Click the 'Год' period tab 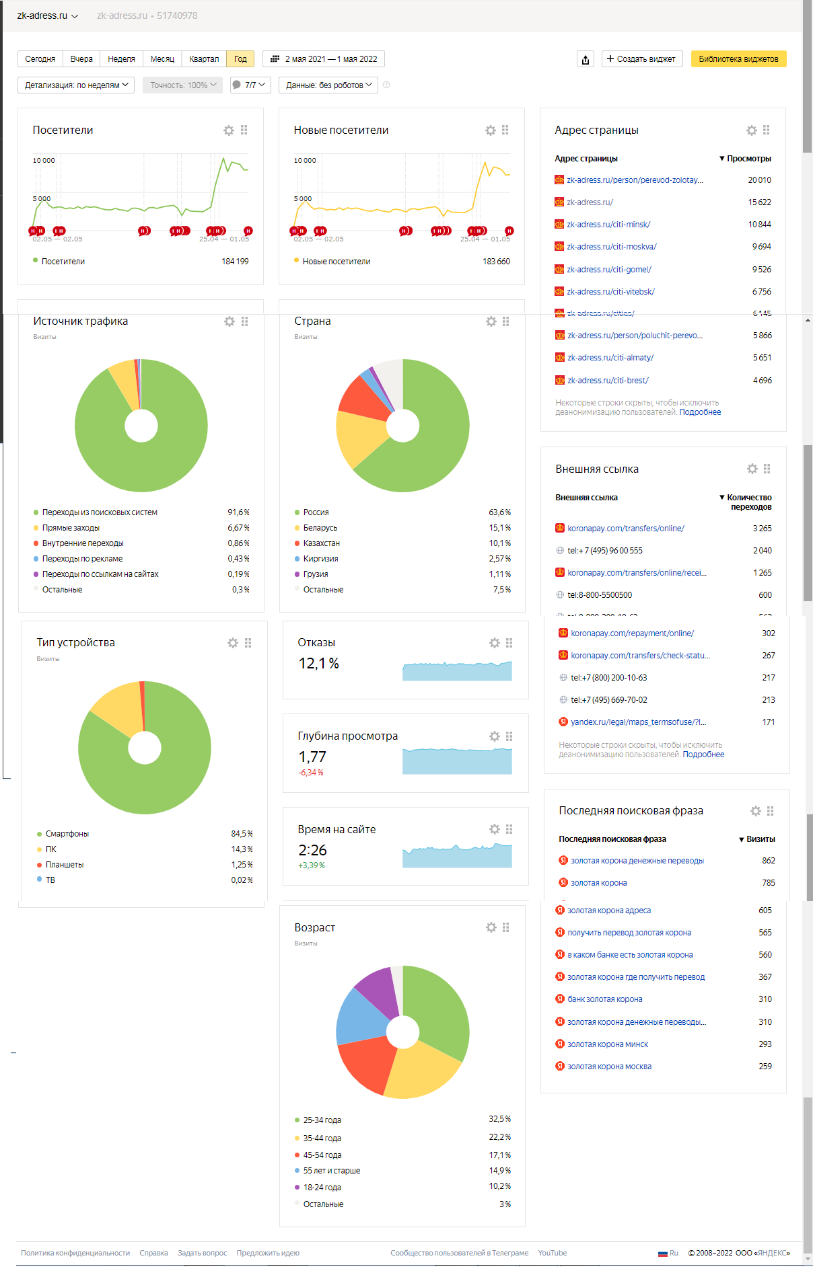[240, 59]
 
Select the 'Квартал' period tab [204, 59]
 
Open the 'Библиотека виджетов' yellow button [738, 59]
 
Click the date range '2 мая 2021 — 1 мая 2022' [324, 59]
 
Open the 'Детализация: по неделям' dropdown [76, 85]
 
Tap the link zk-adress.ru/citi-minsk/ [608, 225]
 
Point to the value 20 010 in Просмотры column [759, 180]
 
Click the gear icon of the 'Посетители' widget [229, 130]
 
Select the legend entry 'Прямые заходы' [71, 528]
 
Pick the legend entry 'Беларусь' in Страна [320, 528]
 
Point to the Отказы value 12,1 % [318, 664]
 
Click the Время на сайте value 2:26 [312, 851]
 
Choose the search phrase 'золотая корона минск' [608, 1044]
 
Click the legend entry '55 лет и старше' [331, 1171]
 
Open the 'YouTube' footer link [552, 1253]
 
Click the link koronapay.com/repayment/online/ [632, 633]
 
